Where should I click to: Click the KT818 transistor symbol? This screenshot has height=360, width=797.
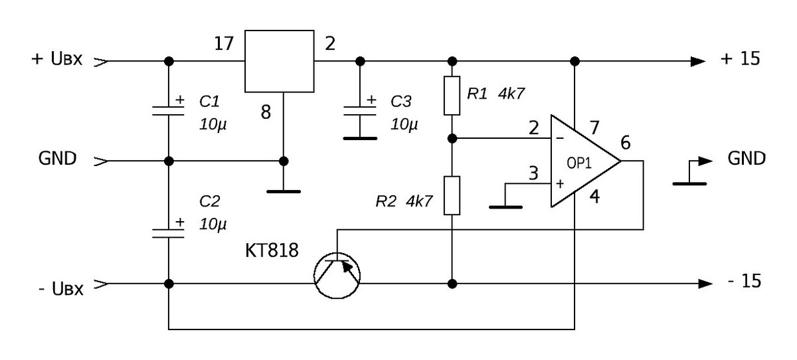[x=337, y=276]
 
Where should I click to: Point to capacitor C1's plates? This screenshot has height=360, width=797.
[x=168, y=111]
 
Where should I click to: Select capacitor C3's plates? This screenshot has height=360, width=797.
[x=360, y=111]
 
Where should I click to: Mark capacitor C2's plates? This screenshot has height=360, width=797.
[x=168, y=233]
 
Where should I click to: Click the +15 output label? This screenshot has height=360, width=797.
[x=740, y=58]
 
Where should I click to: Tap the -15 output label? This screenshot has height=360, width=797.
[x=745, y=281]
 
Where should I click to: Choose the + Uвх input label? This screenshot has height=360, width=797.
[x=57, y=58]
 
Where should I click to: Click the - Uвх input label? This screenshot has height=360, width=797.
[x=61, y=288]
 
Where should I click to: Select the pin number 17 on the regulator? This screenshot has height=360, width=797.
[x=224, y=44]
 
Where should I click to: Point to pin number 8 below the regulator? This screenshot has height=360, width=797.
[x=266, y=112]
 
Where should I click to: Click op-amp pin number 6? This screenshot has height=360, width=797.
[x=626, y=143]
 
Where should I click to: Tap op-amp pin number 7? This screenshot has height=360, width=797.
[x=594, y=128]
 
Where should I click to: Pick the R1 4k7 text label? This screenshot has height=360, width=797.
[x=495, y=94]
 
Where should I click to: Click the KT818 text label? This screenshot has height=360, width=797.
[x=272, y=250]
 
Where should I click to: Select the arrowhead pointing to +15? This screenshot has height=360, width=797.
[x=698, y=61]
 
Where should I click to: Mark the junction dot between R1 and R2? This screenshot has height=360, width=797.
[x=452, y=138]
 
